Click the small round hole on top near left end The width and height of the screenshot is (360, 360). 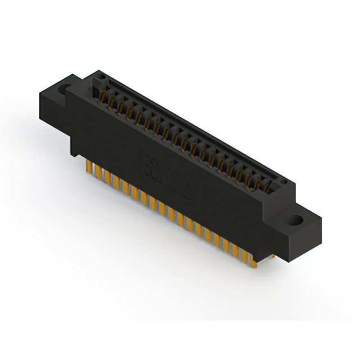click(100, 76)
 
